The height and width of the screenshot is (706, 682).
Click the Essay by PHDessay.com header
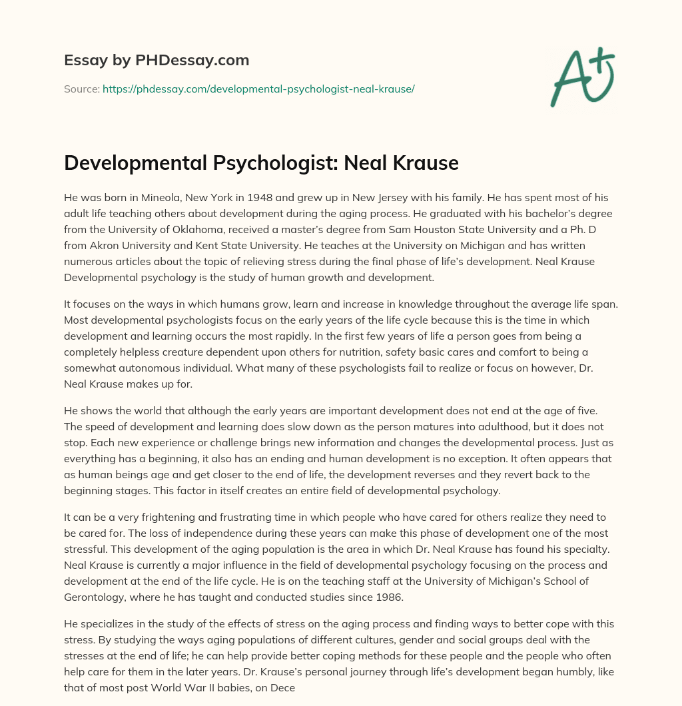157,61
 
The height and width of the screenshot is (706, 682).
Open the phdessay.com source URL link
258,89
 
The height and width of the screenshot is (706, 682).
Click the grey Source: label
81,89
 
